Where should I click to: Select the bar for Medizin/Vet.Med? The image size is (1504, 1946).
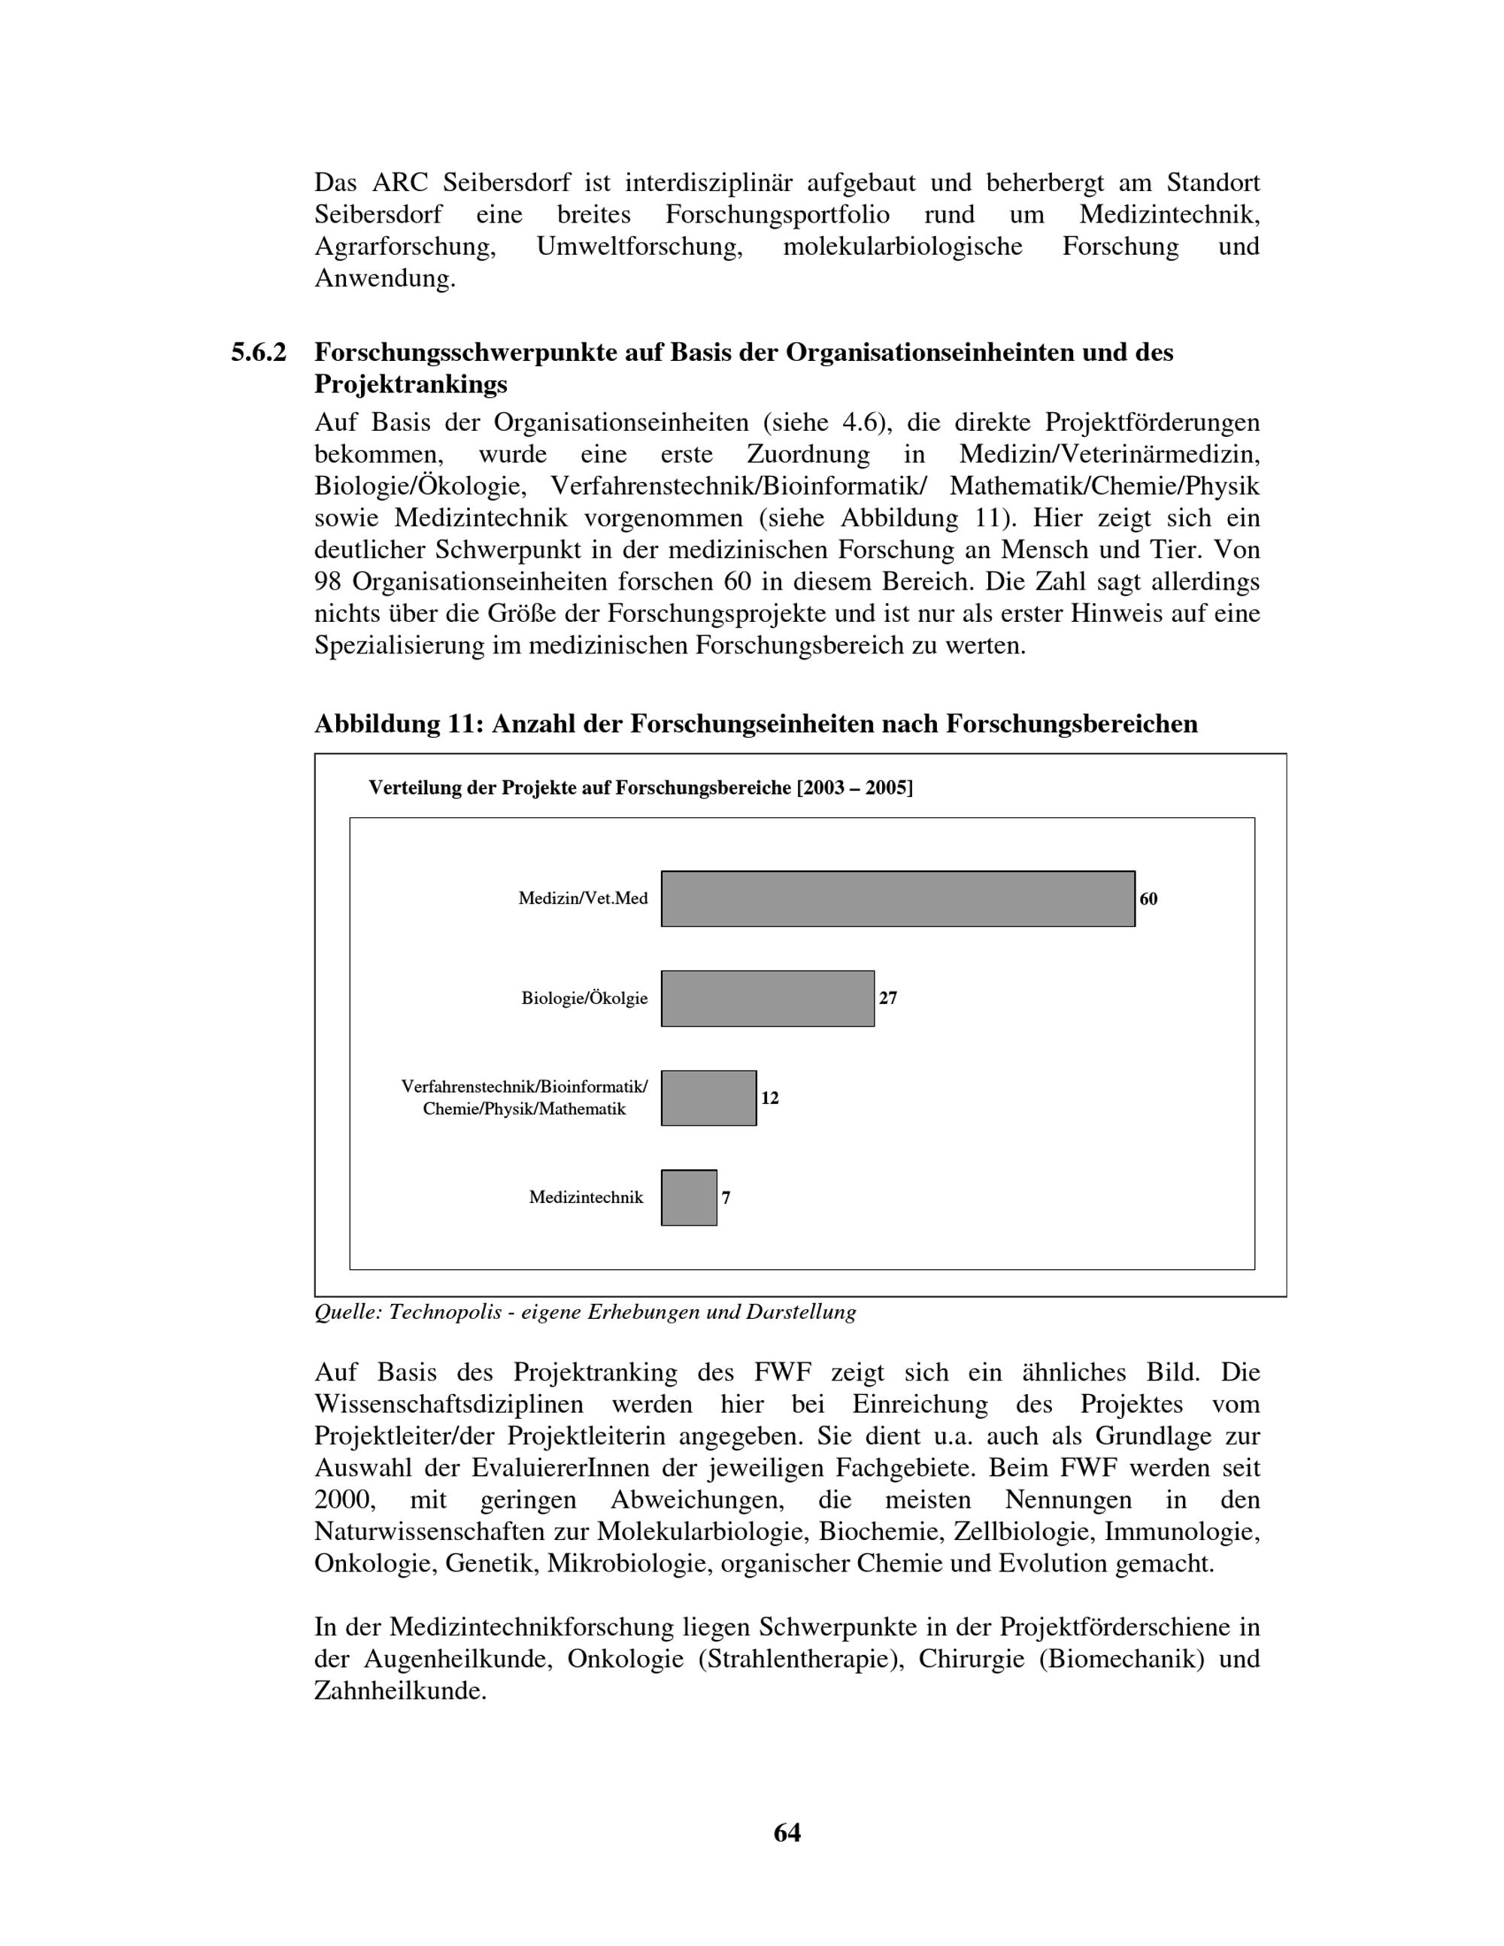[897, 898]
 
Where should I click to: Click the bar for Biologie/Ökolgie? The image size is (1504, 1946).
[767, 998]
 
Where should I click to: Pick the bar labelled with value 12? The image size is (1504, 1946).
[708, 1098]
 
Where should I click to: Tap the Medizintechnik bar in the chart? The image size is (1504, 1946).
[689, 1198]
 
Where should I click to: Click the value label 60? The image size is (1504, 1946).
[1148, 899]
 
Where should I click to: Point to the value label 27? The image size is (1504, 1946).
[887, 998]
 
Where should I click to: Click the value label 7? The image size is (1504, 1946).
[726, 1199]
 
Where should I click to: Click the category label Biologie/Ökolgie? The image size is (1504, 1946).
[584, 999]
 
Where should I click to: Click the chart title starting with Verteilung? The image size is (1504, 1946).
[641, 788]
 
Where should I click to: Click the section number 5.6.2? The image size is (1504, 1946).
[259, 353]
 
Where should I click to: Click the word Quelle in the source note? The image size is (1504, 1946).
[346, 1312]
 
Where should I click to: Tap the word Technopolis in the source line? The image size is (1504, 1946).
[445, 1312]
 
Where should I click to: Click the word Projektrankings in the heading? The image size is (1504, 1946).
[411, 385]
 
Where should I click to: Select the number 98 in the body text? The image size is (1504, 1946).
[329, 582]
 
